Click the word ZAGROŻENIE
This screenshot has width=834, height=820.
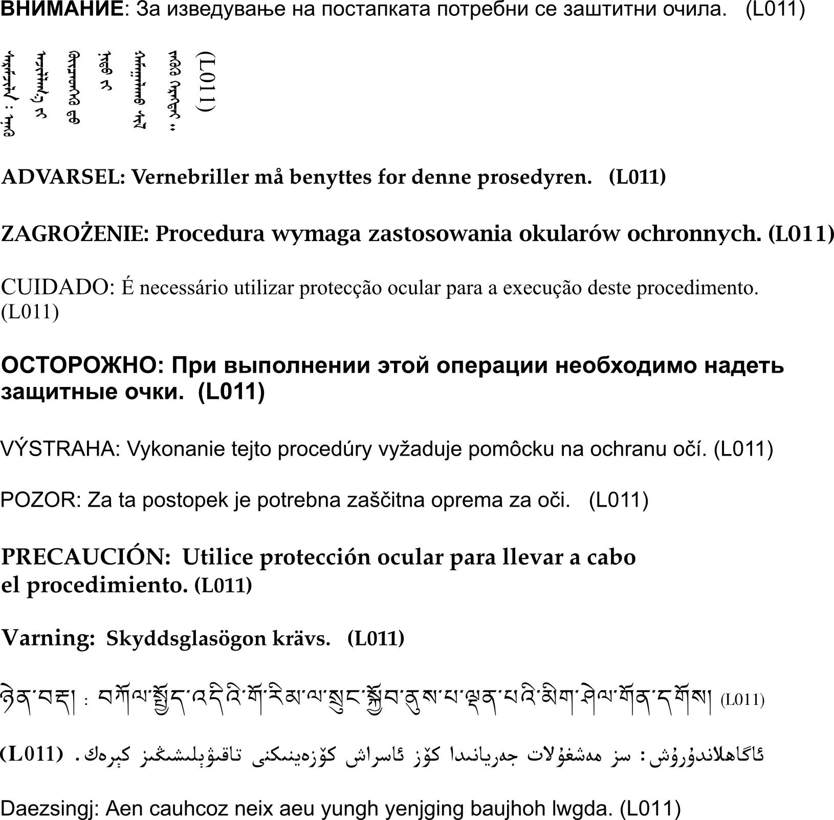75,234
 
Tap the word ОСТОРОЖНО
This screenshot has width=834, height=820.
82,366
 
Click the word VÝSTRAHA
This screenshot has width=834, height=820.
59,449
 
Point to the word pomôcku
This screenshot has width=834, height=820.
509,449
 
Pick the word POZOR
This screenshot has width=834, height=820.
40,500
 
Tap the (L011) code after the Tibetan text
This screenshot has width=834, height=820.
742,700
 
